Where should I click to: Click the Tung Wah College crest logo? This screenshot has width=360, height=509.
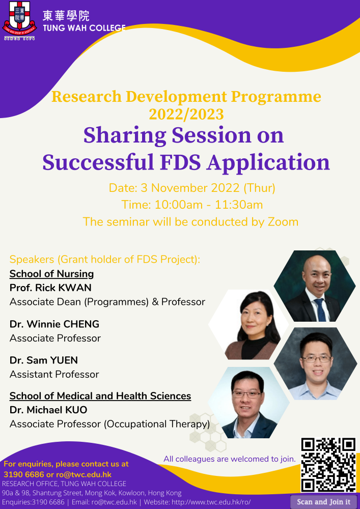[19, 21]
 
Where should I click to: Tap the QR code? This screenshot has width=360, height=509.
[328, 465]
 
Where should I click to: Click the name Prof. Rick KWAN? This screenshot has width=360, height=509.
[50, 288]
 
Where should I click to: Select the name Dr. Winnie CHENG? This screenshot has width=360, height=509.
[54, 324]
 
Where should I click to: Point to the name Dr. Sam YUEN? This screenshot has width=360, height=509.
[43, 360]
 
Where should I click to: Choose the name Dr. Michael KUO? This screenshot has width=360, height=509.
[48, 410]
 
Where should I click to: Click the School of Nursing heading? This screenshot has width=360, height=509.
[51, 274]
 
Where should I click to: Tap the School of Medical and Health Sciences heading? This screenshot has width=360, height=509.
[100, 396]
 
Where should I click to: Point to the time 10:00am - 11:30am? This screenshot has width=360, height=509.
[208, 205]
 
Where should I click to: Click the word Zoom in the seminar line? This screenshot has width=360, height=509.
[283, 222]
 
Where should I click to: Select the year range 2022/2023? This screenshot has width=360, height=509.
[186, 115]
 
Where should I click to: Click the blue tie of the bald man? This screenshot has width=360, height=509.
[321, 309]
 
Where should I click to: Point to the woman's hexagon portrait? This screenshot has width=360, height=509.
[248, 325]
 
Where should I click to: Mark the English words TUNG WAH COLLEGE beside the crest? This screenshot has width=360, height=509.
[84, 28]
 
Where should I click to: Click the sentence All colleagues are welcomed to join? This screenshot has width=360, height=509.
[230, 459]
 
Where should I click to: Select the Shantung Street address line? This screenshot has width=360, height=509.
[92, 493]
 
